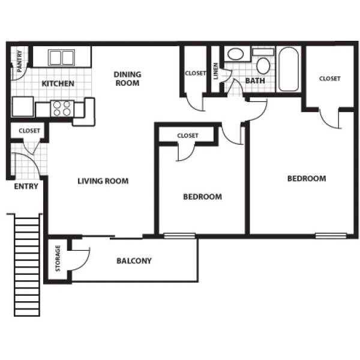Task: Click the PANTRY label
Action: [20, 61]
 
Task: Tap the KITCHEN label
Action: [58, 83]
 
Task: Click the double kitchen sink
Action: [61, 58]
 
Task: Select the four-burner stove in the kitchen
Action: [62, 108]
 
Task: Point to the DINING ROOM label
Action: [127, 79]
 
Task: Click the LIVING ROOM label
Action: [103, 181]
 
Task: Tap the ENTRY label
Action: [26, 186]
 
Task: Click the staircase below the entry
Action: [27, 265]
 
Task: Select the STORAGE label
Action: [58, 258]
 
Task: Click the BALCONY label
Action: [134, 261]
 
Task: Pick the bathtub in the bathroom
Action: [289, 70]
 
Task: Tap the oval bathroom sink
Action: [236, 54]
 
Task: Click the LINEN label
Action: [216, 71]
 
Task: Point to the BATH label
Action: [255, 81]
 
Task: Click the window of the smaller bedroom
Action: [179, 236]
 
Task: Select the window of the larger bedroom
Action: [331, 236]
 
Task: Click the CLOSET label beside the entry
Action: [29, 131]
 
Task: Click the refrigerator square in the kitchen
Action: [23, 107]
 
